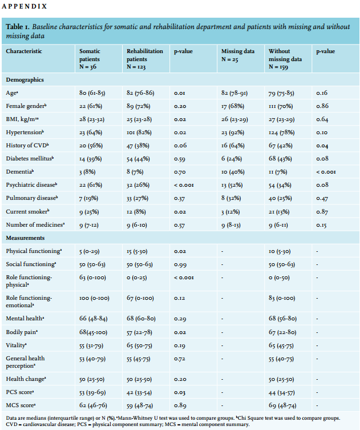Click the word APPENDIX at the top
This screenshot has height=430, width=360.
(x=25, y=6)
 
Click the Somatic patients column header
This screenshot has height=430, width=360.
(x=90, y=59)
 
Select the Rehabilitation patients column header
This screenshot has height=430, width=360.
(x=145, y=59)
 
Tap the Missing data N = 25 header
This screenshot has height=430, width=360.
(x=238, y=55)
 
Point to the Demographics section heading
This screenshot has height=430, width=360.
(x=25, y=80)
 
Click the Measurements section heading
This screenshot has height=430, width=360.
(x=25, y=238)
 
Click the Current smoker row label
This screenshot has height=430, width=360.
(x=27, y=211)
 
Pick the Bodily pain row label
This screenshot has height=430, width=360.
(x=22, y=332)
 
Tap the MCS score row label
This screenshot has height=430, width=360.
(x=21, y=405)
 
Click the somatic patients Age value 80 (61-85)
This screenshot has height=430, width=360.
(x=92, y=93)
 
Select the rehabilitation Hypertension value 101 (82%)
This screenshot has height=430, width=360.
(x=139, y=132)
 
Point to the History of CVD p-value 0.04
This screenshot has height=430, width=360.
(x=322, y=146)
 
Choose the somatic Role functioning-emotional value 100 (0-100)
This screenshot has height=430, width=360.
(x=94, y=298)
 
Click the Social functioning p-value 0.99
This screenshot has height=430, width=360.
(x=180, y=264)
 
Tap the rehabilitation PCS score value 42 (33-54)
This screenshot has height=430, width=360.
(x=139, y=392)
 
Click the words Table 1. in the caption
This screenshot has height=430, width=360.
(x=18, y=27)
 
